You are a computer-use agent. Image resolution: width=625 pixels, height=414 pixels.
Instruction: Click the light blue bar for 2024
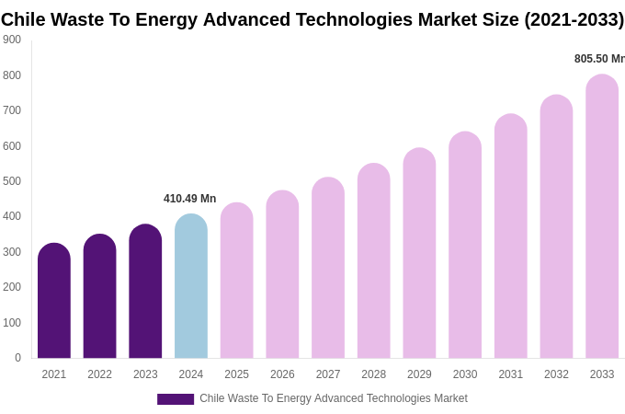point(191,287)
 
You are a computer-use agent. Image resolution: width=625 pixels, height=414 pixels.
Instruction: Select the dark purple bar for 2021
point(54,301)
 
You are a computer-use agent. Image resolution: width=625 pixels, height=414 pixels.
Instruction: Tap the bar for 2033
point(602,217)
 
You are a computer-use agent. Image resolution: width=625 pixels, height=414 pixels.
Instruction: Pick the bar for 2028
point(373,261)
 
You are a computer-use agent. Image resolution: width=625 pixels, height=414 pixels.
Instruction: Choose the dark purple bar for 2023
point(145,292)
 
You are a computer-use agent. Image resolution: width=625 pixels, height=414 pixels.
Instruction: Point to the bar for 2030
point(465,246)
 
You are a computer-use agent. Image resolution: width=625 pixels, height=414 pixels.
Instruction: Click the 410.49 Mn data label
point(189,199)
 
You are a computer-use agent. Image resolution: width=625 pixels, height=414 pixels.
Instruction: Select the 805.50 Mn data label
point(599,59)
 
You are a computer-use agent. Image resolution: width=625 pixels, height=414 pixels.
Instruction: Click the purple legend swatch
point(176,399)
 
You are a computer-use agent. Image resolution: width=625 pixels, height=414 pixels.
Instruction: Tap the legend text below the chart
point(334,398)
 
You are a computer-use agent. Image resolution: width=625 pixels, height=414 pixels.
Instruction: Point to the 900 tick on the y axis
point(12,40)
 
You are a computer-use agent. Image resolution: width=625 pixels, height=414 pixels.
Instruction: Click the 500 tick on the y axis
point(12,181)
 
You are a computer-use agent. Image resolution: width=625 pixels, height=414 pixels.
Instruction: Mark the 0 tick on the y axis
point(17,358)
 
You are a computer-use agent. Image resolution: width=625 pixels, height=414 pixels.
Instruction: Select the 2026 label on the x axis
point(282,374)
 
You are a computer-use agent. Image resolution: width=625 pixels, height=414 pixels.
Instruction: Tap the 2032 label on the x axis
point(556,374)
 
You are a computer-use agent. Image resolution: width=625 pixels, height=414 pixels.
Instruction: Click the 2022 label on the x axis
point(99,374)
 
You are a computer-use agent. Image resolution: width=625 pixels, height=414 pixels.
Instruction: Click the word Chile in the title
point(24,19)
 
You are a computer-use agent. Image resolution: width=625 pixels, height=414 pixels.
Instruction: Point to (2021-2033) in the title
point(574,19)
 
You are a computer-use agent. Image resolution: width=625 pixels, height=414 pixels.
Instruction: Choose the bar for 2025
point(236,281)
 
